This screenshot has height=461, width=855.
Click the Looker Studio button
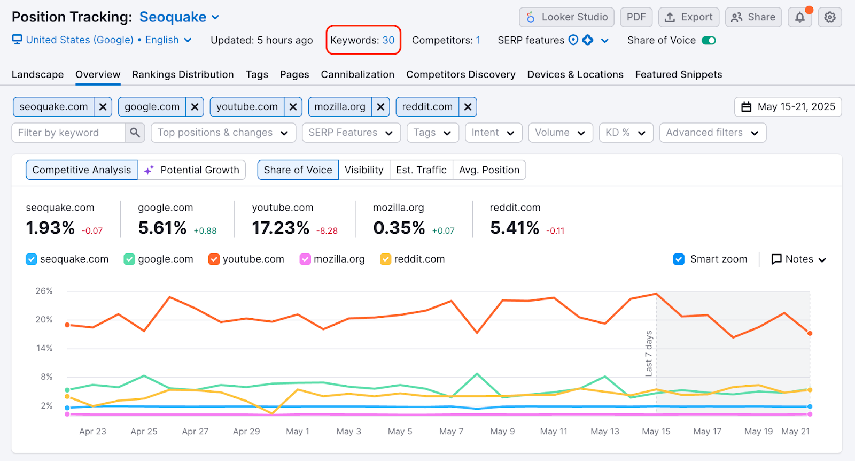click(x=566, y=17)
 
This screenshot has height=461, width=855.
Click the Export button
click(x=688, y=17)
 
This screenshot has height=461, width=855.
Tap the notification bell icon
click(x=799, y=17)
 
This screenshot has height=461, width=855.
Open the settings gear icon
click(x=829, y=17)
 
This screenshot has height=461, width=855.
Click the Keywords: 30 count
click(x=363, y=40)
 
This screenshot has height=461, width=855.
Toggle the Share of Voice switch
click(x=709, y=40)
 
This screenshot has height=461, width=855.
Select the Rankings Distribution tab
click(x=183, y=74)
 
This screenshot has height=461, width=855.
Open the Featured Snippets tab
click(x=678, y=74)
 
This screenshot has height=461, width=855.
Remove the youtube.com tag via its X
click(x=293, y=107)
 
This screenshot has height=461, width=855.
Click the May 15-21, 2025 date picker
click(x=788, y=107)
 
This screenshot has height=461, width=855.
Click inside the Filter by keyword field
click(x=68, y=133)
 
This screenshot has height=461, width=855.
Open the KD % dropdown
click(x=626, y=133)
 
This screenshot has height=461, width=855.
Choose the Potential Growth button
click(x=192, y=170)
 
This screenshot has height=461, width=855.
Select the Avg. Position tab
click(x=489, y=170)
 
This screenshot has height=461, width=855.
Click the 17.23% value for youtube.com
click(x=281, y=228)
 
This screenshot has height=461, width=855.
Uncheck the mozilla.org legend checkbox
click(x=305, y=259)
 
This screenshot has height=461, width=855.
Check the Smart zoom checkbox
click(x=679, y=259)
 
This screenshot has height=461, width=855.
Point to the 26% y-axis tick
click(x=44, y=291)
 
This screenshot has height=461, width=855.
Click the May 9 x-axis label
click(x=502, y=432)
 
